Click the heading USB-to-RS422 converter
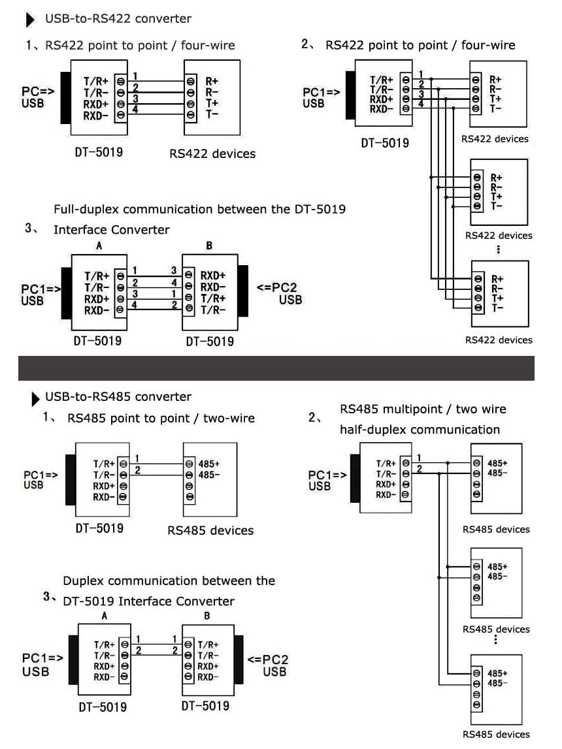pyautogui.click(x=118, y=19)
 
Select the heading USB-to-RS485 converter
pyautogui.click(x=118, y=396)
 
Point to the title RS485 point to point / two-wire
pyautogui.click(x=161, y=418)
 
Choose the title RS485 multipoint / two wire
pyautogui.click(x=423, y=409)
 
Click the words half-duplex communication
pyautogui.click(x=420, y=430)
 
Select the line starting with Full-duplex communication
pyautogui.click(x=199, y=210)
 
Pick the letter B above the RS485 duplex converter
pyautogui.click(x=207, y=615)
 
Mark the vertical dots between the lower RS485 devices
pyautogui.click(x=496, y=639)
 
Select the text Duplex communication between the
pyautogui.click(x=169, y=581)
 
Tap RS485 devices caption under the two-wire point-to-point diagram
pyautogui.click(x=210, y=530)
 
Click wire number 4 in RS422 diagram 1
pyautogui.click(x=135, y=109)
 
